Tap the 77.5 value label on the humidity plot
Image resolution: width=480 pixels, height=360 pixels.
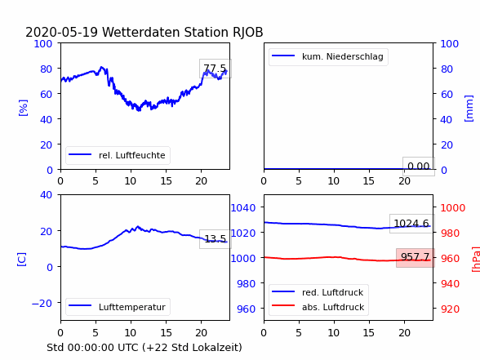click(216, 69)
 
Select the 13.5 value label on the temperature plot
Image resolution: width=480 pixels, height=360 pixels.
click(216, 238)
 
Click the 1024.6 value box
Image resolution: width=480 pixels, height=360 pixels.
click(411, 224)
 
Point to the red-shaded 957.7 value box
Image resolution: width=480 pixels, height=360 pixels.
click(415, 257)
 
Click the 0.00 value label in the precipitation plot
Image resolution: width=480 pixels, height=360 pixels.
click(419, 167)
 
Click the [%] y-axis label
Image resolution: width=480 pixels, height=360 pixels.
click(23, 108)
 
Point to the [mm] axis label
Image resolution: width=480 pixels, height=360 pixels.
click(469, 109)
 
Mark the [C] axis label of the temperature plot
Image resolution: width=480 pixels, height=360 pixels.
click(21, 260)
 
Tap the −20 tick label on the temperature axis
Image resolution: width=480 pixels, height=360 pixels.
click(42, 304)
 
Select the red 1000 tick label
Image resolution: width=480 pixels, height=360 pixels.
click(453, 208)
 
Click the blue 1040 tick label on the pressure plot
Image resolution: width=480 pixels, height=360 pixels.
click(242, 208)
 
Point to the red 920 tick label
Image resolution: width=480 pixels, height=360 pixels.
click(450, 309)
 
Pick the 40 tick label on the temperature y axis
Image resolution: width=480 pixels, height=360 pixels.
click(46, 194)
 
